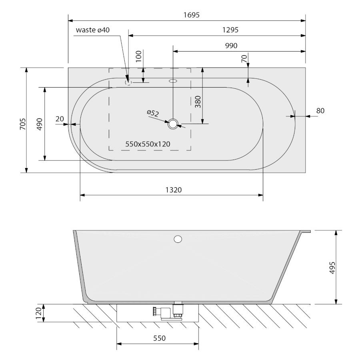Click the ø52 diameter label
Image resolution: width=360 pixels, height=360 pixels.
pos(152,114)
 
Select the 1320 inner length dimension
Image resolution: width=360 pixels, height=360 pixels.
pos(173,190)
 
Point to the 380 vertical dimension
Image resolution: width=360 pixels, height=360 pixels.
pos(197,103)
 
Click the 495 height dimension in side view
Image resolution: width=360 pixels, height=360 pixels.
pos(331,267)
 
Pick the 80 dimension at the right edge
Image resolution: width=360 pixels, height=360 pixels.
pos(320,111)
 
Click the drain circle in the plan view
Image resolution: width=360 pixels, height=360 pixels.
pos(173,124)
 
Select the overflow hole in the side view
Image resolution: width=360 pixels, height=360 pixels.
pos(178,240)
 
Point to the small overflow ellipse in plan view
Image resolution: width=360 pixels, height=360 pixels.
pos(173,80)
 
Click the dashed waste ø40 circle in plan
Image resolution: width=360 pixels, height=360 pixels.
pos(128,82)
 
